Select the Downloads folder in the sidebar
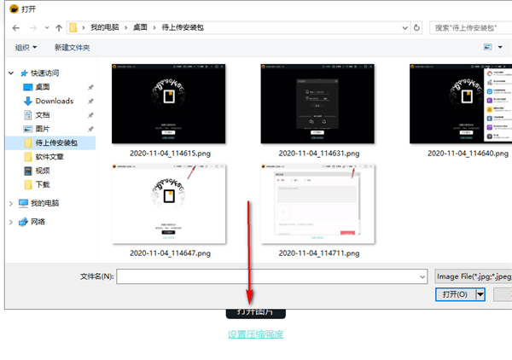click(54, 101)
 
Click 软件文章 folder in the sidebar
click(49, 157)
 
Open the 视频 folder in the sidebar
click(43, 171)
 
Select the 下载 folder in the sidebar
click(43, 184)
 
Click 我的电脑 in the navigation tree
click(44, 203)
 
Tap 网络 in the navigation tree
click(38, 222)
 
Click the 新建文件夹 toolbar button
click(72, 47)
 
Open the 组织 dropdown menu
click(26, 47)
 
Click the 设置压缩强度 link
click(255, 334)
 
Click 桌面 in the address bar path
click(139, 27)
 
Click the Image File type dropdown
click(472, 276)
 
